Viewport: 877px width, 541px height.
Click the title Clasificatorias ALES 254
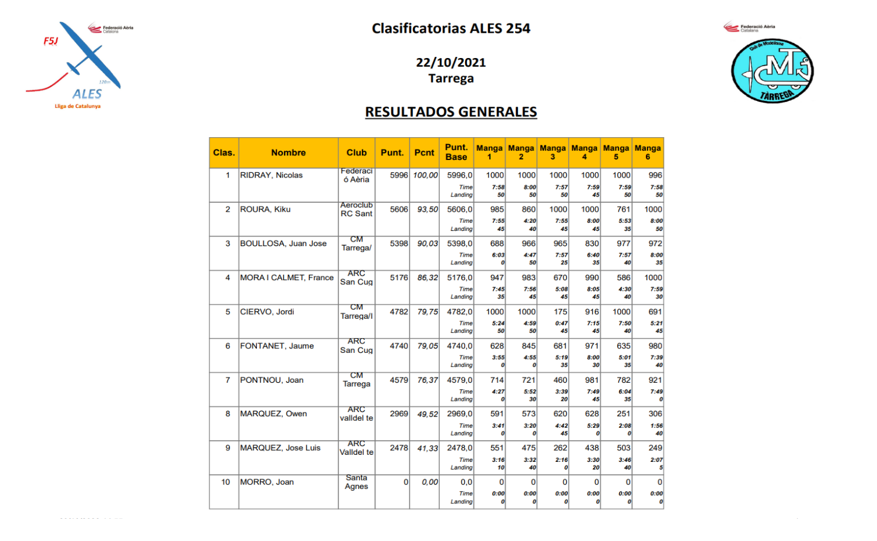[x=451, y=28]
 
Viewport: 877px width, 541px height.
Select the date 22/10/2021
[x=451, y=62]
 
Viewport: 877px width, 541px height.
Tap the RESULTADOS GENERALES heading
[x=451, y=111]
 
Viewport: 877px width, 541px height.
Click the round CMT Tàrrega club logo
[x=772, y=71]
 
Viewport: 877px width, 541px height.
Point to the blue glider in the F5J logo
[x=88, y=56]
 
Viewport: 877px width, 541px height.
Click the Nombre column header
[x=288, y=152]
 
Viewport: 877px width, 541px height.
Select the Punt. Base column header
[x=456, y=152]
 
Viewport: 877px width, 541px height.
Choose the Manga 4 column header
[x=584, y=152]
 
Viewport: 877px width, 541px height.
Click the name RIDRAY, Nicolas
[x=271, y=175]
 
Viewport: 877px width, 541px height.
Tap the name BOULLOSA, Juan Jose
[x=283, y=243]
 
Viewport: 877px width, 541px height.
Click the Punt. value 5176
[x=399, y=278]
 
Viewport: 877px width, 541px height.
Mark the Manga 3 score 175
[x=560, y=312]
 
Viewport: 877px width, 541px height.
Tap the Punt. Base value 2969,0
[x=459, y=414]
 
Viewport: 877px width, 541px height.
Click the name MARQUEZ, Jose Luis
[x=280, y=448]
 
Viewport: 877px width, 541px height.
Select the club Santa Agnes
[x=356, y=482]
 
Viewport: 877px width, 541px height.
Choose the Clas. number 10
[x=226, y=482]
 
